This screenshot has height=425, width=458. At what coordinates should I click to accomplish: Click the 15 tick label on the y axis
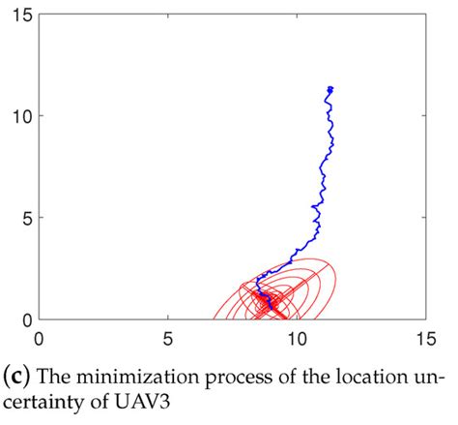pyautogui.click(x=22, y=15)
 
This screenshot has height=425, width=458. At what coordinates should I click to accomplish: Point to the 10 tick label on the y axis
pyautogui.click(x=22, y=116)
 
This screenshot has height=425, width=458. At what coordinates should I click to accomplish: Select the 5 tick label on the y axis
pyautogui.click(x=27, y=218)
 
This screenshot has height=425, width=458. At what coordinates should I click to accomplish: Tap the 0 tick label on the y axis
pyautogui.click(x=27, y=319)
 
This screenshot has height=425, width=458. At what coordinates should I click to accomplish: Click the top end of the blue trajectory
pyautogui.click(x=330, y=88)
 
